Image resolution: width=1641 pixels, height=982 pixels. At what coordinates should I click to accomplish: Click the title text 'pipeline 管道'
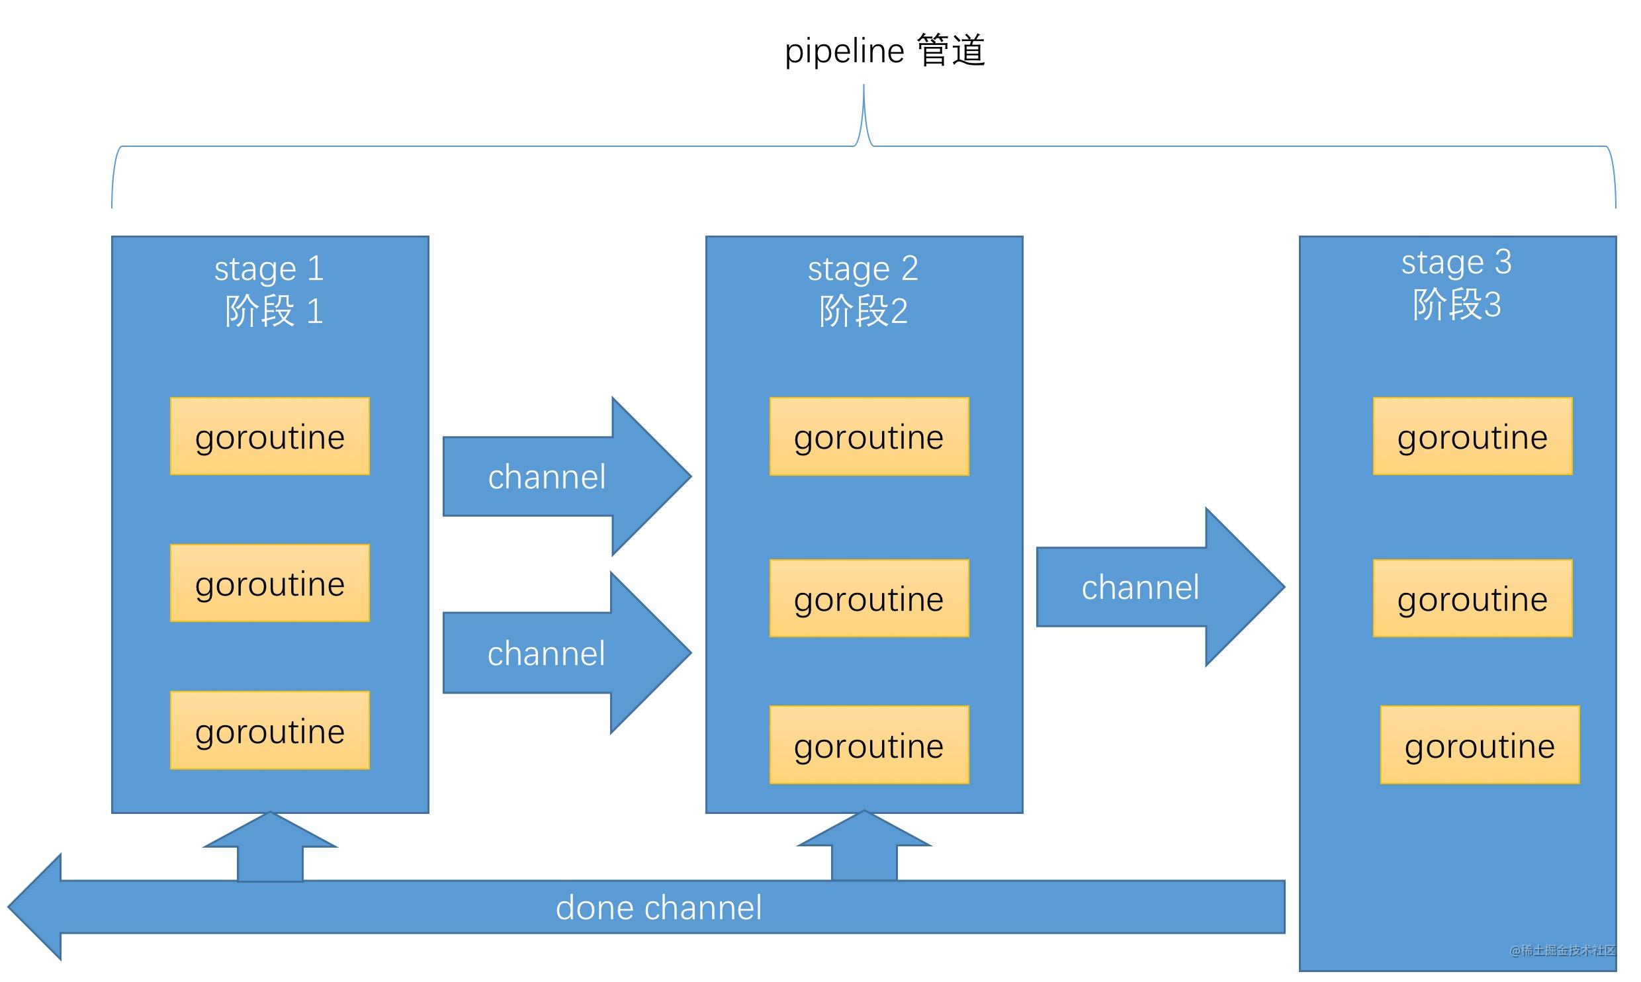pos(885,51)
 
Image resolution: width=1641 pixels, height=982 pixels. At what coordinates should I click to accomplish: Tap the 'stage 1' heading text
pos(269,268)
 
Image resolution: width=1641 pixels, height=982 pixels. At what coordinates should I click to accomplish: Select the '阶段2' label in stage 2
pos(863,311)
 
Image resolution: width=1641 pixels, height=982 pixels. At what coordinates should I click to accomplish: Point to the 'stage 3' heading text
pos(1456,262)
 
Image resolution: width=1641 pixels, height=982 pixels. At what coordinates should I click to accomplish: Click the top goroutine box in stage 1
pos(270,437)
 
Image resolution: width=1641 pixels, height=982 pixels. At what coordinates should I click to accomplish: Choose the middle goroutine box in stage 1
pos(270,584)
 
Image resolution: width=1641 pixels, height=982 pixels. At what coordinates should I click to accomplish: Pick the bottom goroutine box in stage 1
pos(270,731)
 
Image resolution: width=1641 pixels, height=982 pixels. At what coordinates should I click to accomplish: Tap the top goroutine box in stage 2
pos(869,437)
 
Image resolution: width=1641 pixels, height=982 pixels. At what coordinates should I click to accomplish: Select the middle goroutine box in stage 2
pos(869,599)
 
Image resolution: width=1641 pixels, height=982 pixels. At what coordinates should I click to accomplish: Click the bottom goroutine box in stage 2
pos(869,746)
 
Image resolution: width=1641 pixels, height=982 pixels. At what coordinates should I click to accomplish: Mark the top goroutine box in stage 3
pos(1472,437)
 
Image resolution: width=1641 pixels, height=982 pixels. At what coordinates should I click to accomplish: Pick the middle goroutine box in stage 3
pos(1472,599)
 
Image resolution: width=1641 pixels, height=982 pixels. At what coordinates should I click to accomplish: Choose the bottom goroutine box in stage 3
pos(1480,746)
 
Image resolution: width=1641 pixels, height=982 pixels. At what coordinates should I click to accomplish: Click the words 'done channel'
pos(658,907)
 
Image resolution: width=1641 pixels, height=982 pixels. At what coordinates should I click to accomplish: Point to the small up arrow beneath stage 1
pos(270,850)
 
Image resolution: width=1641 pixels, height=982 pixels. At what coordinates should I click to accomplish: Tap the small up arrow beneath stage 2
pos(864,849)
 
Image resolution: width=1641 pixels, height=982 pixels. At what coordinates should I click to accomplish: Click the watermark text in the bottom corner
pos(1562,951)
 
